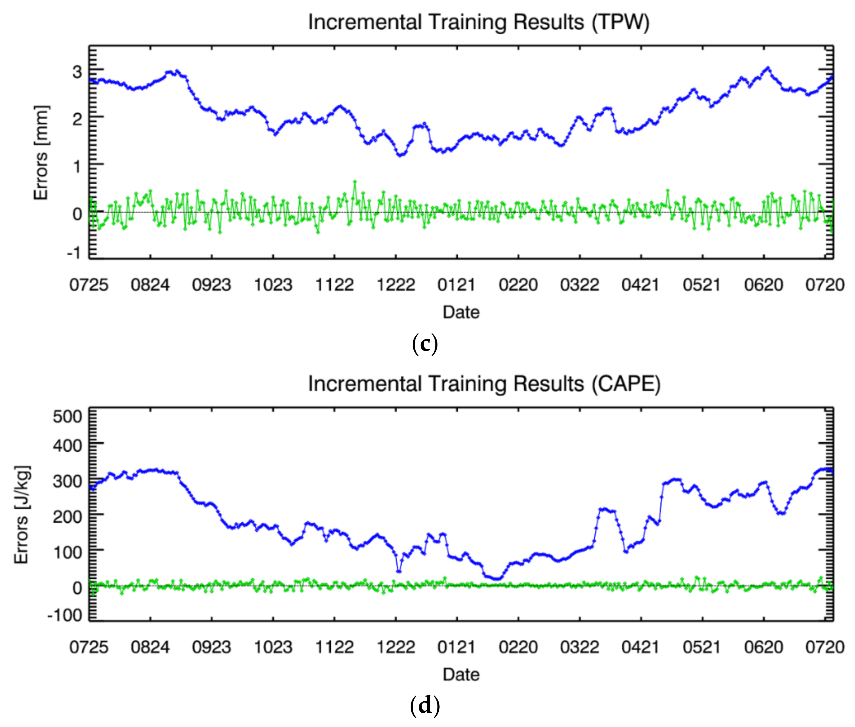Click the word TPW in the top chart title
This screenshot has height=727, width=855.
(x=620, y=22)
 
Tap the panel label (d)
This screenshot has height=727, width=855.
(x=425, y=705)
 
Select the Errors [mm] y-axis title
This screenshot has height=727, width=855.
(x=41, y=152)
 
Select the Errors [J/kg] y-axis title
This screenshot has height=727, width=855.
(x=21, y=514)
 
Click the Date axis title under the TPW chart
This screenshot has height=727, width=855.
(x=461, y=312)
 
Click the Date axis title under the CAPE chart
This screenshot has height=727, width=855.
(x=461, y=675)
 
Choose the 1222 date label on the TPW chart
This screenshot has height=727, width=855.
(x=396, y=285)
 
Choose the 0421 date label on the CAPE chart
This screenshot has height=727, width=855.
(x=640, y=647)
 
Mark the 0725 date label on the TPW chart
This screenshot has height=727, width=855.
(x=89, y=285)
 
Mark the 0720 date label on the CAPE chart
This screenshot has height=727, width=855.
(x=825, y=647)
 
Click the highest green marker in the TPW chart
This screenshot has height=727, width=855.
(x=355, y=181)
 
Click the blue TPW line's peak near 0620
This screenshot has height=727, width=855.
(x=768, y=68)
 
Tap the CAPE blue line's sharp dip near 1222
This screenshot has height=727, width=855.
(x=399, y=571)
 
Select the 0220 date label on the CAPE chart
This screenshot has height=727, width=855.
(x=518, y=647)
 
